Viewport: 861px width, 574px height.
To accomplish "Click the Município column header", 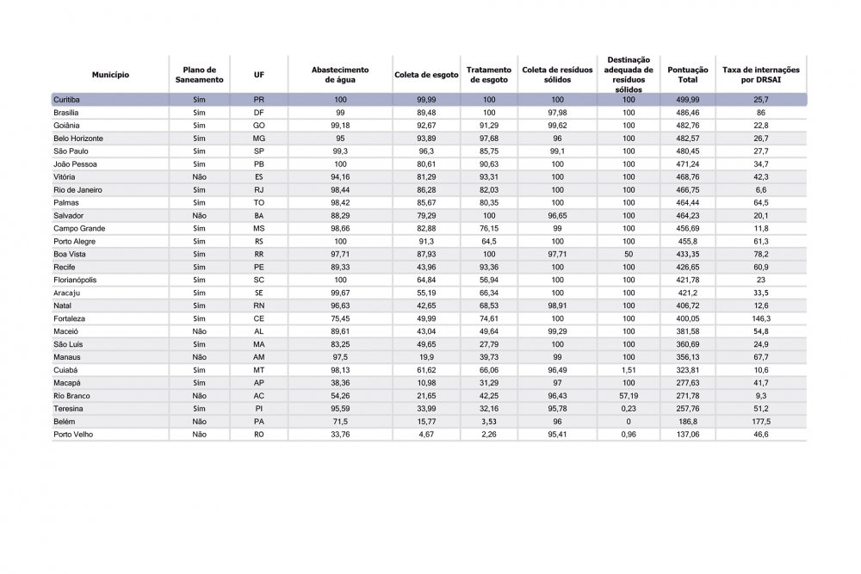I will (111, 75).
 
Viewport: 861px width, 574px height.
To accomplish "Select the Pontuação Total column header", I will (688, 75).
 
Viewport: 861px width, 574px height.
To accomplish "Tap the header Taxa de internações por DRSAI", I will (760, 75).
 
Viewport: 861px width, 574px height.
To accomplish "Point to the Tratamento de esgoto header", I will (489, 75).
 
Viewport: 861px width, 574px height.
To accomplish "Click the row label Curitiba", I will (66, 100).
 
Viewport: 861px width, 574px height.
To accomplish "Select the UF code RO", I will (259, 435).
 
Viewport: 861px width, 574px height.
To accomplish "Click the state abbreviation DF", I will (259, 113).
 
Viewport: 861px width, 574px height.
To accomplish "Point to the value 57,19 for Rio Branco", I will (629, 396).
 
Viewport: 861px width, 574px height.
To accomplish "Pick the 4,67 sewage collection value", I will (427, 435).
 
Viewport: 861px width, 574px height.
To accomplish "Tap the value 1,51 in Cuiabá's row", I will (629, 370).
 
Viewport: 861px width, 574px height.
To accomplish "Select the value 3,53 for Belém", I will (489, 422).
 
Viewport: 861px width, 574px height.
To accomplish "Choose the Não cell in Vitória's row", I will (199, 177).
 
